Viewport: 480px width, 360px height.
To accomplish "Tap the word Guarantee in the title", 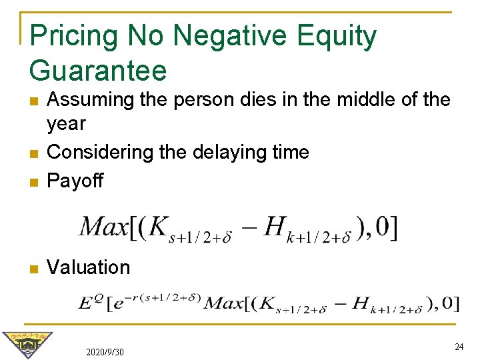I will pos(98,69).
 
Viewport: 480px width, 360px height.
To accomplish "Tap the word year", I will pos(67,124).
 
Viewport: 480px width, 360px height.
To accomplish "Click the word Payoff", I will pos(75,181).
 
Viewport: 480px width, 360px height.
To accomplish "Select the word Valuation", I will pos(89,267).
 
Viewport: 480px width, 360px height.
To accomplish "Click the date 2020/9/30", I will pos(105,351).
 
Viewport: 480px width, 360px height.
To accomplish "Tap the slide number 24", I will pos(459,347).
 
